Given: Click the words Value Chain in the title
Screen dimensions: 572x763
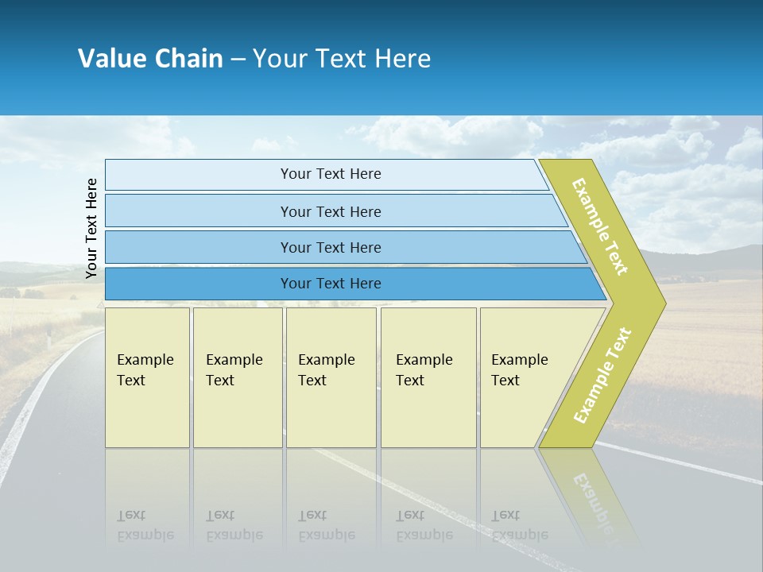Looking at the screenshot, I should click(x=150, y=59).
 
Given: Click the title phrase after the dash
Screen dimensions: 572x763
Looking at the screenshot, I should click(x=341, y=59).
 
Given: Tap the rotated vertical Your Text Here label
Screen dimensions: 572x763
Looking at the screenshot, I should click(x=91, y=228).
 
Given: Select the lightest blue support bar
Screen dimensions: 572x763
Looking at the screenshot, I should click(x=199, y=175).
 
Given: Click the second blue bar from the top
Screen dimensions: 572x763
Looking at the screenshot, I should click(x=199, y=211).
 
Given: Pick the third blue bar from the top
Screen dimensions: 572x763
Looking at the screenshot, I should click(x=199, y=247).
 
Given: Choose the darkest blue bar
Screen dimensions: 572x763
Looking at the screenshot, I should click(x=199, y=284).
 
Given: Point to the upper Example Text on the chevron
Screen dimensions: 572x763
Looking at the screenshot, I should click(x=600, y=226).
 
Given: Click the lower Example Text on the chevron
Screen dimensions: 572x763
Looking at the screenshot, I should click(x=602, y=375).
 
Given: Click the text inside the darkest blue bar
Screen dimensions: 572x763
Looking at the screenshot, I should click(x=331, y=284).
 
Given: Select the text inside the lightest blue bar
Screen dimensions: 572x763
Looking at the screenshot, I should click(x=331, y=174).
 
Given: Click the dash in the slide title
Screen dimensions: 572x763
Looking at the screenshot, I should click(x=238, y=60).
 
